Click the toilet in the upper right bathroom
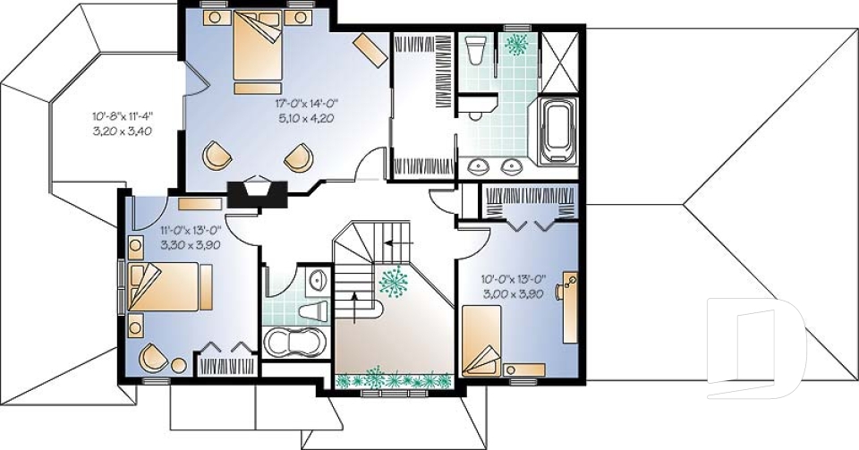pyautogui.click(x=477, y=51)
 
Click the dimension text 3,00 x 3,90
pyautogui.click(x=513, y=293)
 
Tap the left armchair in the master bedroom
pyautogui.click(x=217, y=156)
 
